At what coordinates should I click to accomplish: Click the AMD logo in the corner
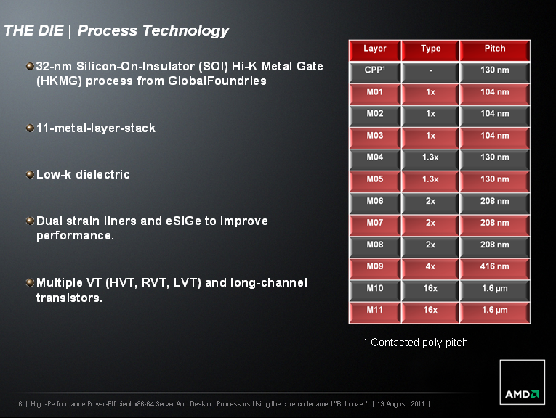tap(522, 382)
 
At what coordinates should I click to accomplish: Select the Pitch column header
tap(495, 50)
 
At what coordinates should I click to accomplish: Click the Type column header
tap(430, 50)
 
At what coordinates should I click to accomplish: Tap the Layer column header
tap(375, 50)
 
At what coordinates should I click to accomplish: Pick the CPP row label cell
tap(375, 73)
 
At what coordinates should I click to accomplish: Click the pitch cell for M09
tap(495, 269)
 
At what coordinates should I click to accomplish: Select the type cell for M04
tap(430, 160)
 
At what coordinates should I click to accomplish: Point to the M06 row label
tap(375, 203)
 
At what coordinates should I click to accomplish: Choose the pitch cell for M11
tap(495, 313)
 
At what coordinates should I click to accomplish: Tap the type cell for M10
tap(430, 291)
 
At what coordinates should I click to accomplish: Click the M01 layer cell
tap(375, 94)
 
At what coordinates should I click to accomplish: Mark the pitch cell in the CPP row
tap(495, 73)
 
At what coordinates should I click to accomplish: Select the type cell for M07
tap(430, 226)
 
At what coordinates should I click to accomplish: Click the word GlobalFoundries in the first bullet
tap(217, 81)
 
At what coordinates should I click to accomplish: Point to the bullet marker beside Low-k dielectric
tap(30, 174)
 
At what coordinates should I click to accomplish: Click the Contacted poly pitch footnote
tap(416, 343)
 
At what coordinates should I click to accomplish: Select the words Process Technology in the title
tap(153, 30)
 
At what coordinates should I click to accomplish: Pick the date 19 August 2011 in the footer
tap(400, 403)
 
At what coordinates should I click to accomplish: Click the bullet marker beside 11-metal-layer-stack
tap(30, 128)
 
